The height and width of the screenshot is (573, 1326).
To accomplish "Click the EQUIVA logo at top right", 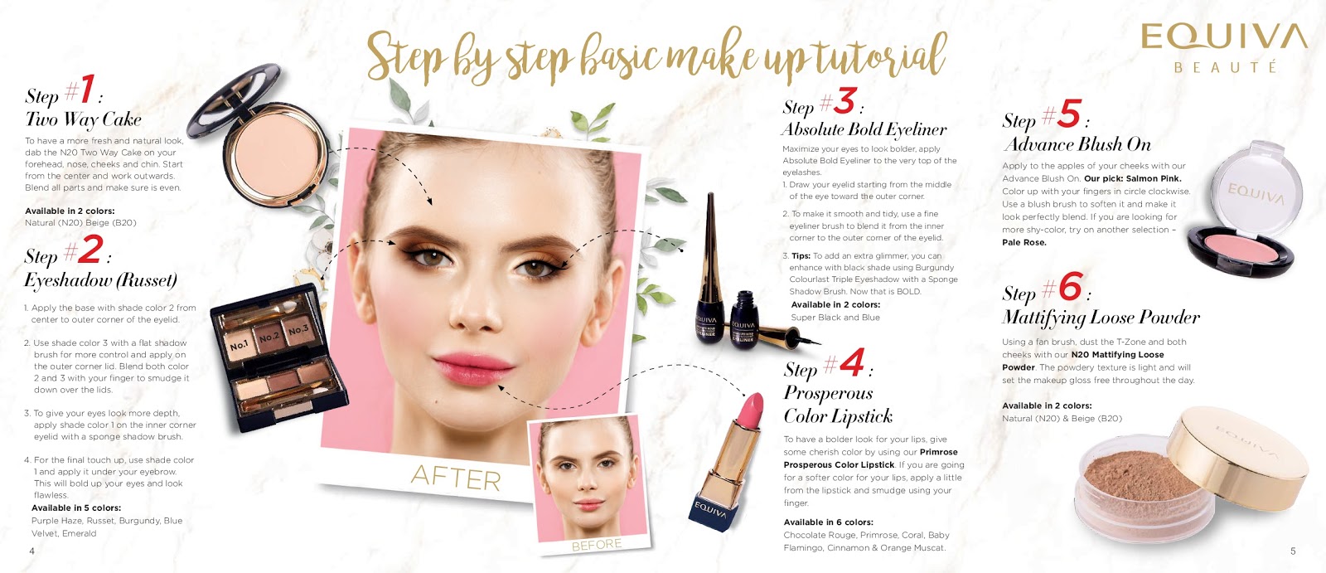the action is (1223, 47).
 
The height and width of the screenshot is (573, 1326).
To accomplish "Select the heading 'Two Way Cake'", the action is (83, 119).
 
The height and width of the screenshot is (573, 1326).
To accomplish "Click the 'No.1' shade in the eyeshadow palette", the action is (239, 345).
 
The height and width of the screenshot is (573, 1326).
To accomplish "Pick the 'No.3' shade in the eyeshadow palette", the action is (298, 329).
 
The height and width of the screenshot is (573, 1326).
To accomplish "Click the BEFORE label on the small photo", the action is (596, 544).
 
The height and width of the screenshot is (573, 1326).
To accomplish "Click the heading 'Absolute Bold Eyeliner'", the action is (864, 129).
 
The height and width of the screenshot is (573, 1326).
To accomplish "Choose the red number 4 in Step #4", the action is (852, 362).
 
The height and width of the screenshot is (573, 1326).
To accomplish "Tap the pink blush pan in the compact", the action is (1241, 249).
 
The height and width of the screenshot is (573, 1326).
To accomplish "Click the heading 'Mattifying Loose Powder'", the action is (1101, 318).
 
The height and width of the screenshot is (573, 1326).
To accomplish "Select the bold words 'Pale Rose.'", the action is (1024, 242).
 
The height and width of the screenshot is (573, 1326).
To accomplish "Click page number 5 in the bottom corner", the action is (1293, 551).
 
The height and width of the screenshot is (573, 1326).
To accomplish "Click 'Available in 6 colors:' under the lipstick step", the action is (828, 522).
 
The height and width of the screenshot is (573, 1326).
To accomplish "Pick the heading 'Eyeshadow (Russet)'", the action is (100, 280).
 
